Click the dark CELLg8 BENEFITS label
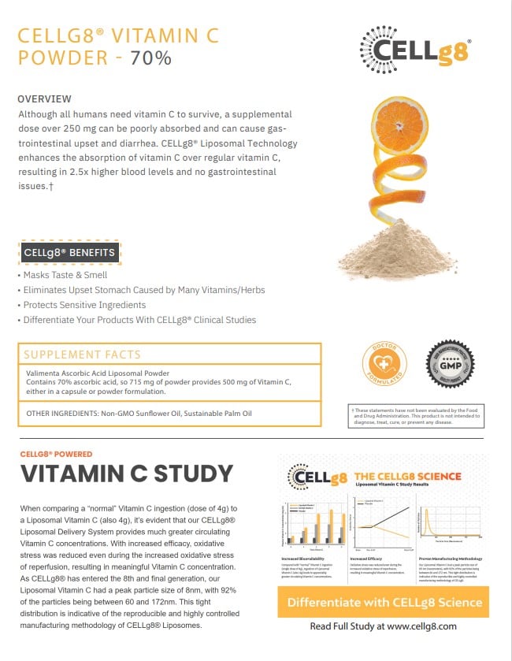point(69,253)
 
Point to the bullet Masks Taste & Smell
point(65,276)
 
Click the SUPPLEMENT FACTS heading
point(82,355)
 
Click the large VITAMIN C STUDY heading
point(126,473)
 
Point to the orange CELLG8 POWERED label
point(56,454)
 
